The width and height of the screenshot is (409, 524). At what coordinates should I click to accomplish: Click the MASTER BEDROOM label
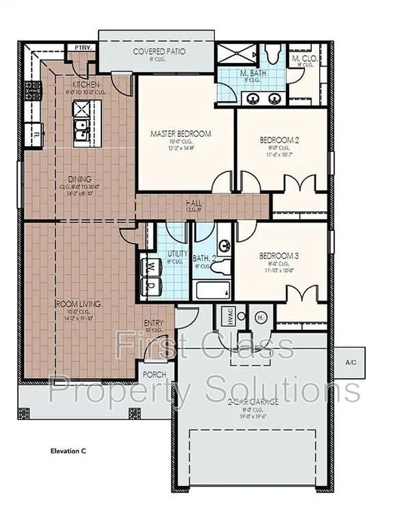point(181,134)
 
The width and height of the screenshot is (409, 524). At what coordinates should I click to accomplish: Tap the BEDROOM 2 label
point(279,140)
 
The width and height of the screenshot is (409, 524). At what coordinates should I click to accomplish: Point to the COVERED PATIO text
point(159,51)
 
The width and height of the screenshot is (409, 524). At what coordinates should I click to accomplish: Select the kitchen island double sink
point(81,130)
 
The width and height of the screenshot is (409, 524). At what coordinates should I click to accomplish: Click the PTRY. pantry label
point(82,47)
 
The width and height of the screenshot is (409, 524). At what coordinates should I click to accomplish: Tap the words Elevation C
point(68,451)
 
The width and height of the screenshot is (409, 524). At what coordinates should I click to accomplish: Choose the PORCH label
point(155,375)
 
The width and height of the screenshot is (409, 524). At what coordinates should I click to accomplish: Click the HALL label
point(193,204)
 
